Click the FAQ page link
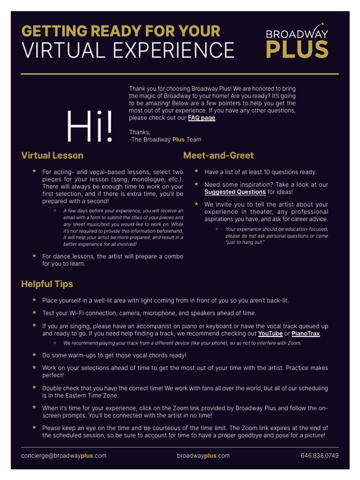202,118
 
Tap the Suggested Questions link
235,192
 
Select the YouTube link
270,334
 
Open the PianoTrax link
306,334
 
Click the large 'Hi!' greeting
90,127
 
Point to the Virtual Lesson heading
52,156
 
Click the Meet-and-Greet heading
218,156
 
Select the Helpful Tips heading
47,284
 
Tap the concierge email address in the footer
64,456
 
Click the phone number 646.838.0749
320,456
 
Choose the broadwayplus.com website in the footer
203,456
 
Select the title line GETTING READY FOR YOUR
121,31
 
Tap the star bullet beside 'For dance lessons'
34,256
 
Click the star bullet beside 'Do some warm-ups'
34,355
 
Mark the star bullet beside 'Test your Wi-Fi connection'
34,312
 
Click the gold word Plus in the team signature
179,140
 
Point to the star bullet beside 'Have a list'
196,172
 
